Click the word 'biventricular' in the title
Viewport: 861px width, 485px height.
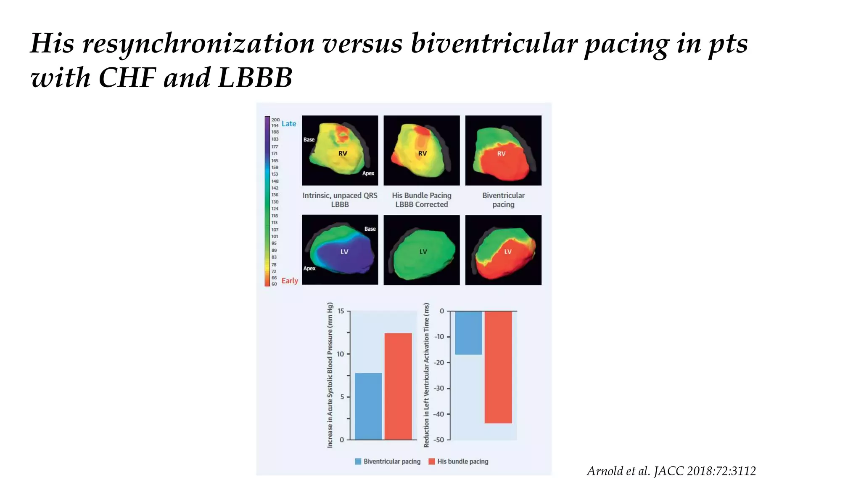coord(494,43)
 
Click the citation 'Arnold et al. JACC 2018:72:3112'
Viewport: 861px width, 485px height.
coord(671,471)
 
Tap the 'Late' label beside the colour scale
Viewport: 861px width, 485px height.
coord(289,124)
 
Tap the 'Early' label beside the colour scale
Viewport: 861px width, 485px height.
coord(290,281)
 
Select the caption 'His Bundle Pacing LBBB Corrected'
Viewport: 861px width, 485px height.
coord(422,200)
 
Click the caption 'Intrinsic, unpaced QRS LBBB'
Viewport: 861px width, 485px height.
coord(340,200)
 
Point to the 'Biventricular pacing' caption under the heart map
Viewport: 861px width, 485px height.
coord(503,200)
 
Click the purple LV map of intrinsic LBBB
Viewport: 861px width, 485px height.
coord(340,250)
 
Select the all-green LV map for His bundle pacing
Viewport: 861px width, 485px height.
coord(422,250)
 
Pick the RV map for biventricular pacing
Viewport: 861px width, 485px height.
coord(503,151)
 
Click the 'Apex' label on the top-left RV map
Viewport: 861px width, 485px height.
coord(368,173)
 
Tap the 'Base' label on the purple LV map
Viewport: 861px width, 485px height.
coord(370,229)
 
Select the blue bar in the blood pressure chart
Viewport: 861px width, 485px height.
coord(368,406)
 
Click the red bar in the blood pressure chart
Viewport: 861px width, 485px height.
coord(398,386)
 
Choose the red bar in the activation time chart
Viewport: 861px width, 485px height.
coord(498,367)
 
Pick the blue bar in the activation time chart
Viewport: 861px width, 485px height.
coord(468,333)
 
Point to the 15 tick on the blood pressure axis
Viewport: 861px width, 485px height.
coord(341,311)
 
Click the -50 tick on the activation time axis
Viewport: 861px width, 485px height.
coord(439,440)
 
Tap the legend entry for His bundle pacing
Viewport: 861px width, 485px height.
coord(458,461)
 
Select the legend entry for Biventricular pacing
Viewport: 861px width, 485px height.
coord(388,461)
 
